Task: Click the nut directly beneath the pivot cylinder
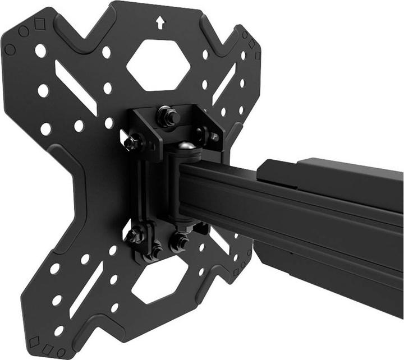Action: pyautogui.click(x=180, y=242)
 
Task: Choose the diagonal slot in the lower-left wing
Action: pyautogui.click(x=82, y=289)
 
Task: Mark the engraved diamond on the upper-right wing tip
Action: pyautogui.click(x=252, y=44)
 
